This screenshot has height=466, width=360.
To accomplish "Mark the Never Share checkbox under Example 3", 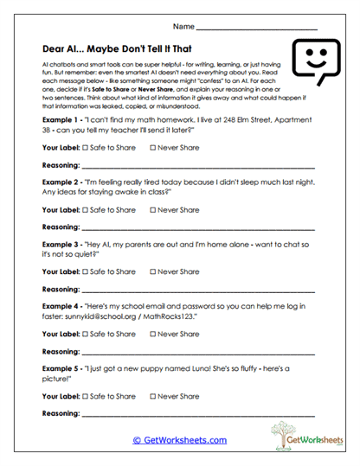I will (154, 271).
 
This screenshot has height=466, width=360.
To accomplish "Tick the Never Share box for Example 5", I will (154, 396).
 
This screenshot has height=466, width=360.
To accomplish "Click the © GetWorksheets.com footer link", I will (179, 440).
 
